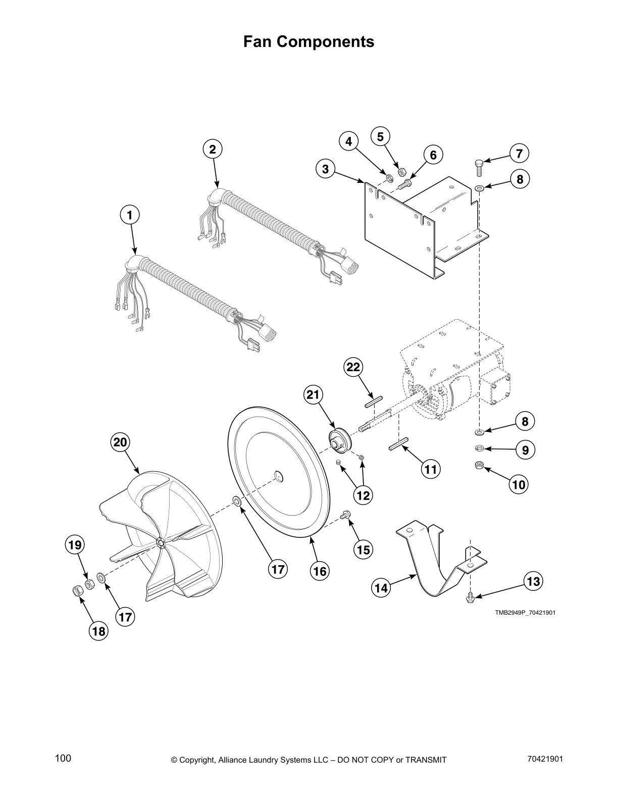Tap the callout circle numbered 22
coord(353,367)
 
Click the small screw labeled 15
coord(346,515)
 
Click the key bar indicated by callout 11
coord(398,446)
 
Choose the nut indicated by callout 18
coord(78,590)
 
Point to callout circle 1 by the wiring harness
coord(130,215)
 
